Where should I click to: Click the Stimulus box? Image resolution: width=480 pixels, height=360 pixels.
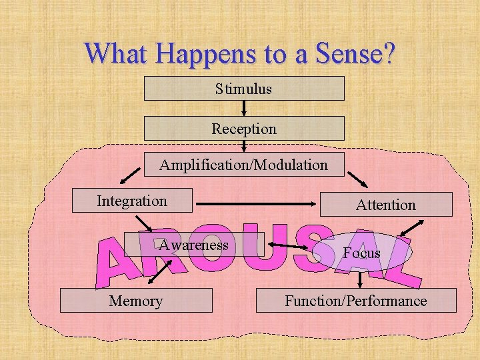click(x=244, y=88)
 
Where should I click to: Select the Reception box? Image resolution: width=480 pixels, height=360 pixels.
click(x=244, y=128)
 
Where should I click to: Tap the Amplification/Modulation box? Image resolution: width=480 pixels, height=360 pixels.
click(x=244, y=164)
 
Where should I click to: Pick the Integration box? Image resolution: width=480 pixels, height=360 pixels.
click(x=132, y=201)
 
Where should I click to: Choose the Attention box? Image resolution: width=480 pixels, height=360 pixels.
click(x=385, y=205)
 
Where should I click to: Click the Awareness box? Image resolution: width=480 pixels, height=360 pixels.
click(x=194, y=245)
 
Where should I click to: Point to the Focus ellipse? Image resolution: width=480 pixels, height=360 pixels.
click(x=362, y=253)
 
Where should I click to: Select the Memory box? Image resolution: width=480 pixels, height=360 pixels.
click(x=136, y=301)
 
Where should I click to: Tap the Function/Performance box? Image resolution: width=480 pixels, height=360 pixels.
click(x=356, y=301)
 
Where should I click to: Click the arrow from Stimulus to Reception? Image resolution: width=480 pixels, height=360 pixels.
click(x=244, y=108)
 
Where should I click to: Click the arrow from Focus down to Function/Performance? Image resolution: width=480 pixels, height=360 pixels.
click(x=361, y=278)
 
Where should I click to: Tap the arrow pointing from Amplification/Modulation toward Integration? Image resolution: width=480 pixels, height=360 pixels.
click(x=131, y=175)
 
